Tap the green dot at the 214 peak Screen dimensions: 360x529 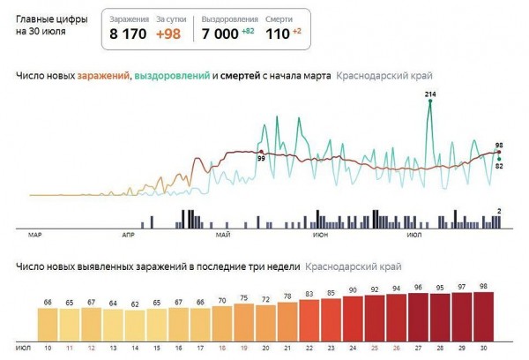tap(430, 101)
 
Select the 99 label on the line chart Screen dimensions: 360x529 tap(261, 158)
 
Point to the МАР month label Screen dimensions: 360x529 tap(35, 236)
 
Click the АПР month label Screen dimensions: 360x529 tap(130, 236)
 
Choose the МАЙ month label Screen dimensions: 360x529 tap(222, 236)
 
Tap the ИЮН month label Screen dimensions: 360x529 tap(319, 236)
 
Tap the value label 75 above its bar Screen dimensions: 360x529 tap(242, 298)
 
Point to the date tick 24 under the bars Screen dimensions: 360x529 tap(352, 348)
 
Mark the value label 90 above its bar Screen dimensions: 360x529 tap(352, 289)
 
